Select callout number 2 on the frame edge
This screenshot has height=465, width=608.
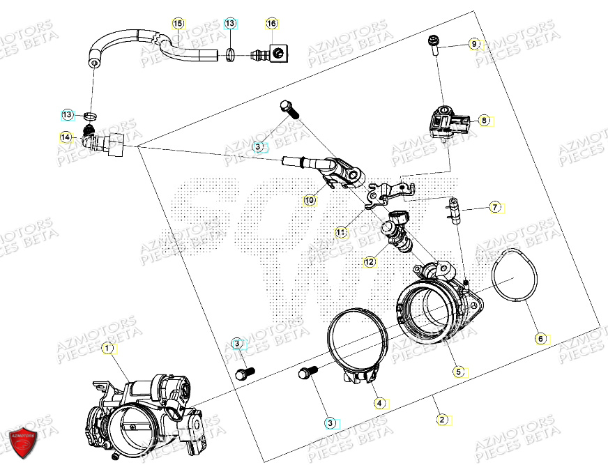pyautogui.click(x=441, y=419)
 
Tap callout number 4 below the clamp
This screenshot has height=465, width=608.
pyautogui.click(x=379, y=402)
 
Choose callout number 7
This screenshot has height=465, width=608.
pyautogui.click(x=494, y=207)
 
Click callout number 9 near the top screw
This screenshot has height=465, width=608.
pyautogui.click(x=474, y=44)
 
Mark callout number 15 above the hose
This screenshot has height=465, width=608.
pyautogui.click(x=178, y=24)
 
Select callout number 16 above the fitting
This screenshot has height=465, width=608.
pyautogui.click(x=272, y=24)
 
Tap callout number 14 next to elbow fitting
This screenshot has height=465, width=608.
pyautogui.click(x=66, y=137)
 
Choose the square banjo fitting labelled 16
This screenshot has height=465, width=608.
pyautogui.click(x=276, y=52)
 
